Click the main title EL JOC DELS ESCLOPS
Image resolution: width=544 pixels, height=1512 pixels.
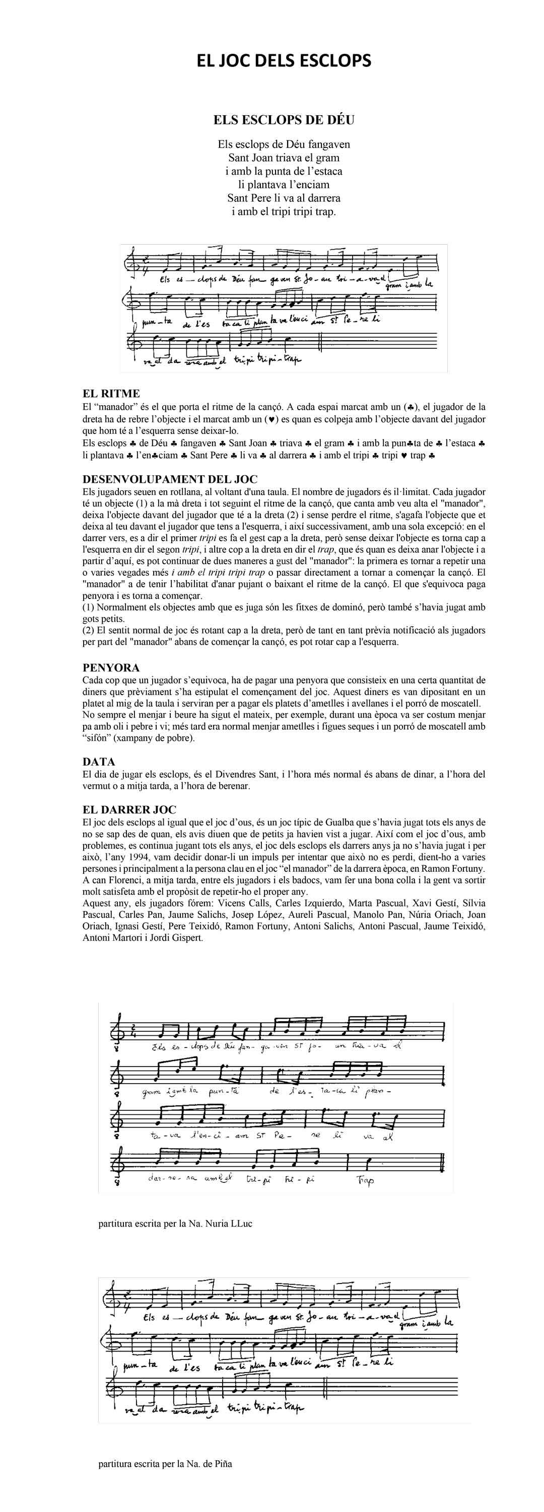point(284,60)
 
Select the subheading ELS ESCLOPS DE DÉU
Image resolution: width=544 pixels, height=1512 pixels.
point(284,120)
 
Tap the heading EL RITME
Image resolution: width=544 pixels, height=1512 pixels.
point(111,393)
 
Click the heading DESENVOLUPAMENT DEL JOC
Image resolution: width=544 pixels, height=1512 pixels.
point(170,480)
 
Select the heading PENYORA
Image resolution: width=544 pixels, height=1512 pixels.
point(111,667)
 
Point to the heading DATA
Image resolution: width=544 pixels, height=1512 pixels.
point(99,762)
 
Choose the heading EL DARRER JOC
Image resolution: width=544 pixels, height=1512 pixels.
point(129,809)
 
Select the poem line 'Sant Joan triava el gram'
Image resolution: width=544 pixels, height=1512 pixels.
point(284,158)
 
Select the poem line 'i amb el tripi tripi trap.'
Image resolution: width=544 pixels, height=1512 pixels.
point(284,211)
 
